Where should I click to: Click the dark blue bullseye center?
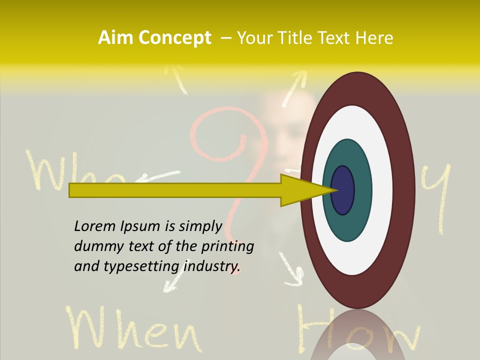343,190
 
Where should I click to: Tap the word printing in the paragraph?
227,246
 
